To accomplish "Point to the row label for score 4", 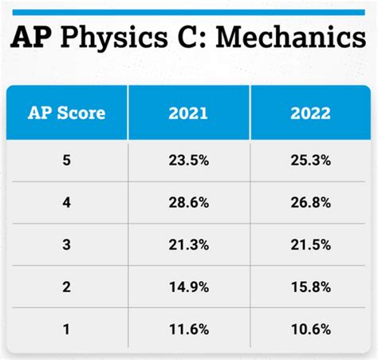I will coord(68,204).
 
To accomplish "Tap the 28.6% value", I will coord(189,204).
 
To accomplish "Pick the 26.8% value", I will coord(310,204).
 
